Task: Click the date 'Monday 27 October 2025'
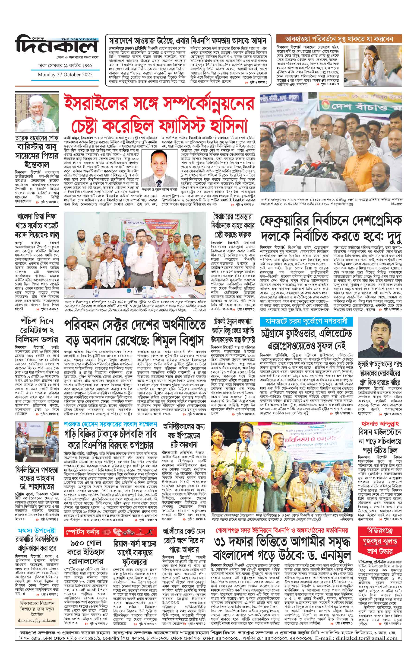[x=65, y=75]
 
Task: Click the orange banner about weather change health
[x=339, y=39]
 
